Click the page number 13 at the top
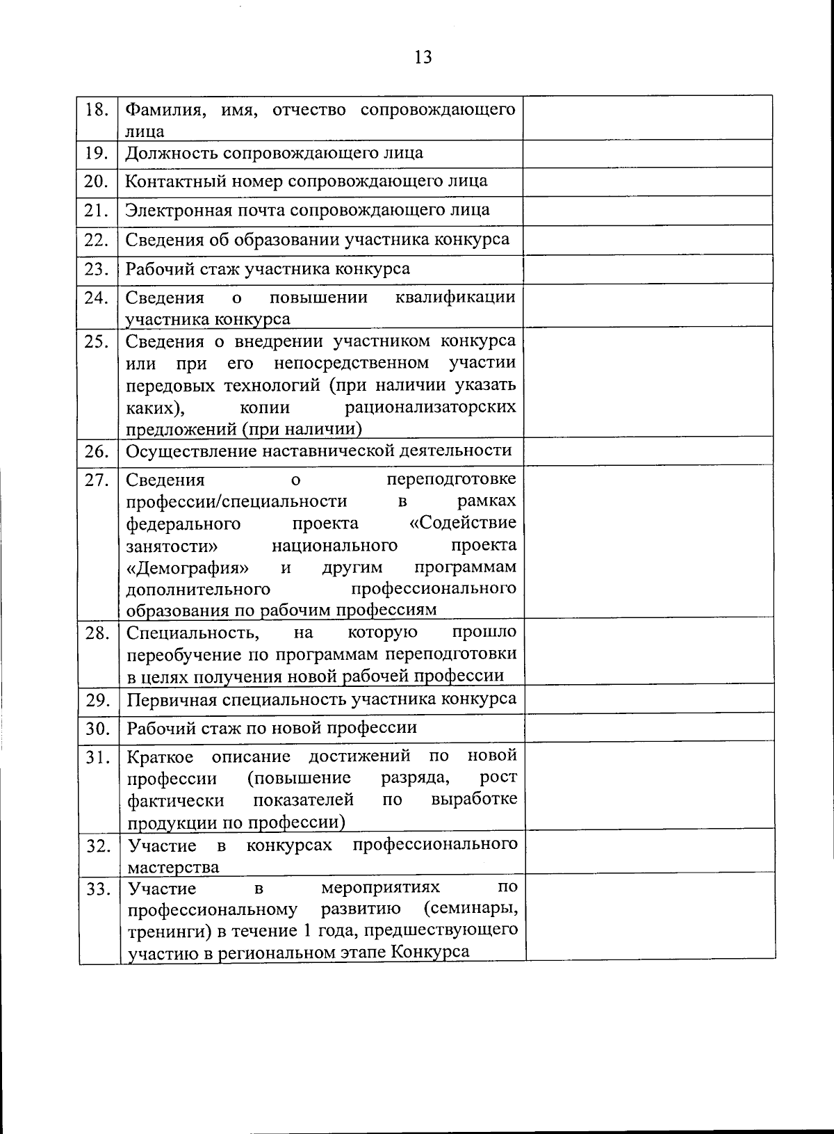click(423, 57)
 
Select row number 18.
click(97, 110)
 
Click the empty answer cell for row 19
click(648, 153)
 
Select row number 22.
click(97, 240)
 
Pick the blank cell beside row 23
click(648, 269)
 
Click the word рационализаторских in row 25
click(430, 407)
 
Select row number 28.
click(97, 633)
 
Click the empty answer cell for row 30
click(649, 728)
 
